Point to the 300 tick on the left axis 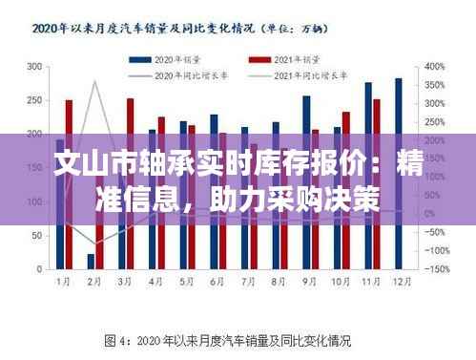pyautogui.click(x=34, y=67)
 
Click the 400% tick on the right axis pyautogui.click(x=436, y=67)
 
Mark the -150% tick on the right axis pyautogui.click(x=437, y=269)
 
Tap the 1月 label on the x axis pyautogui.click(x=63, y=282)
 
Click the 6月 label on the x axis pyautogui.click(x=216, y=282)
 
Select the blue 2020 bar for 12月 pyautogui.click(x=398, y=174)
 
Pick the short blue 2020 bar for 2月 pyautogui.click(x=91, y=261)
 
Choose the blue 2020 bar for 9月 pyautogui.click(x=306, y=181)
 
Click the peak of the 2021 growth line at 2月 pyautogui.click(x=94, y=81)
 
